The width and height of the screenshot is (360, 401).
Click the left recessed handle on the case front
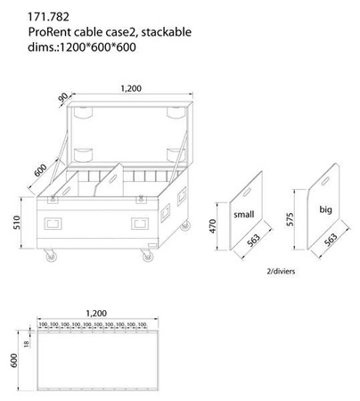(54, 222)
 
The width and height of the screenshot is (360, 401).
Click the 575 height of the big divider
(292, 220)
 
